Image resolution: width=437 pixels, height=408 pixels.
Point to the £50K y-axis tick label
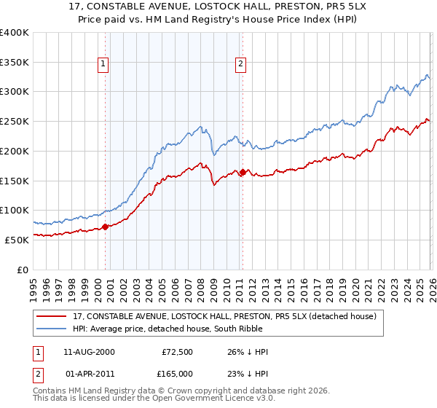click(16, 240)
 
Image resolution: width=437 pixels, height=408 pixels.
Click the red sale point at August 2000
click(105, 227)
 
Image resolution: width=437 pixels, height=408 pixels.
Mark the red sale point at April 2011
click(242, 172)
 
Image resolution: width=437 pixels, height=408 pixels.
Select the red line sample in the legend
click(53, 316)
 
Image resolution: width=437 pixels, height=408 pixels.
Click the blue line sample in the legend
click(53, 329)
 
